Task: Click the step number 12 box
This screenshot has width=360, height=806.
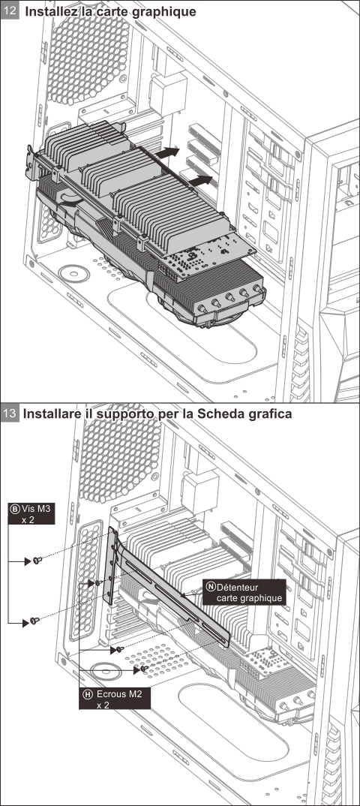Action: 10,11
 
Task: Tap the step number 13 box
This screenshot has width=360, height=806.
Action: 10,414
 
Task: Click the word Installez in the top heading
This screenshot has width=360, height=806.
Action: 56,11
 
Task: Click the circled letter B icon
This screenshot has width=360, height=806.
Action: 14,508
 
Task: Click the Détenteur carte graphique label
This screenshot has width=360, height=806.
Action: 244,591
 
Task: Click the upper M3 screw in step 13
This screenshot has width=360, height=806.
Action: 35,560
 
